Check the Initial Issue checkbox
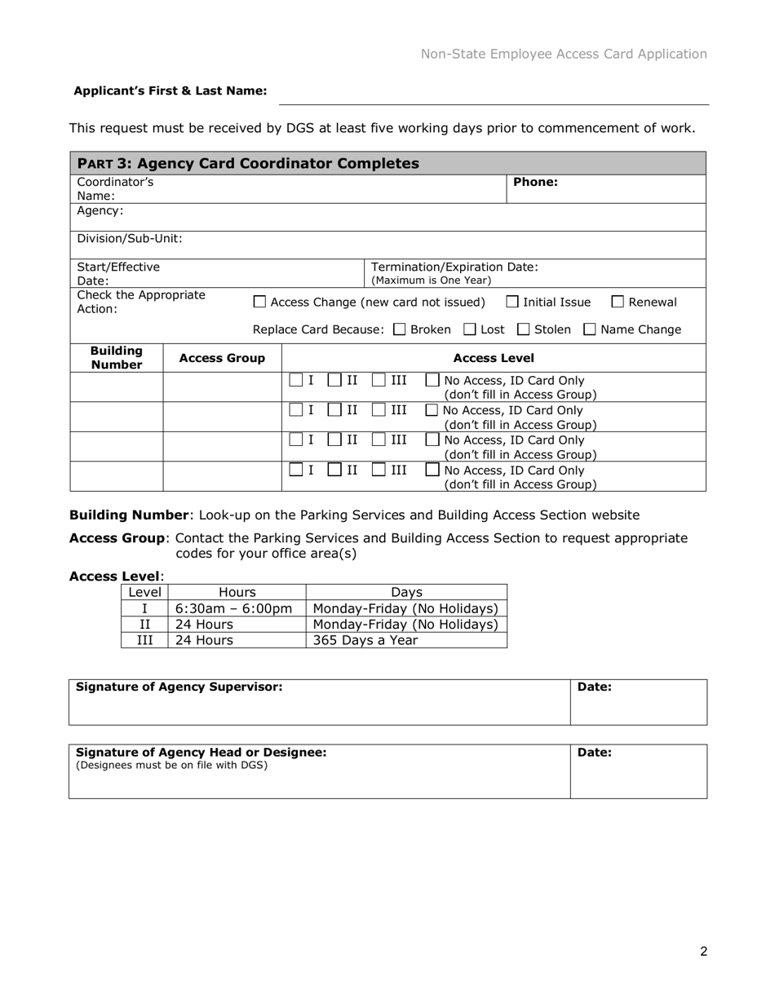click(x=512, y=303)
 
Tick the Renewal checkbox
click(x=618, y=303)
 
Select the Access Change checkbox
click(x=259, y=303)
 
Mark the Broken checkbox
click(x=400, y=330)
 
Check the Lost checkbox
click(x=470, y=330)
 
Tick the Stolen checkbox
click(x=524, y=330)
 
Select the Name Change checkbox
click(x=590, y=330)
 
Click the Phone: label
click(x=535, y=182)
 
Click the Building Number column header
click(x=117, y=357)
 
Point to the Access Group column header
click(x=222, y=358)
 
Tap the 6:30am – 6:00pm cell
click(x=233, y=608)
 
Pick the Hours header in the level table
click(x=237, y=593)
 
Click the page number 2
click(x=703, y=951)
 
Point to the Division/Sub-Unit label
click(x=130, y=239)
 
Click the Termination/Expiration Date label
click(x=454, y=267)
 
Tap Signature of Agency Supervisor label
click(x=179, y=687)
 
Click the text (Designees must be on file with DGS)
click(x=171, y=765)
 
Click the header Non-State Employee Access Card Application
click(x=564, y=54)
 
